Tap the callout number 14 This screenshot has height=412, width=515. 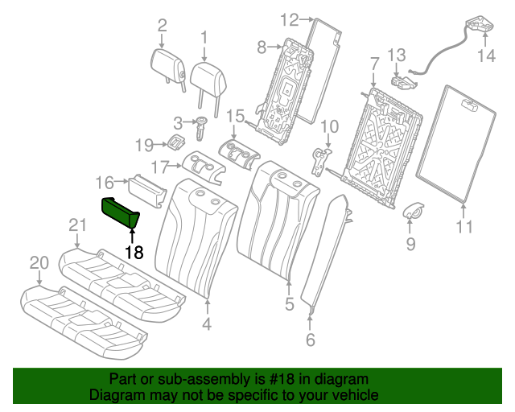(487, 56)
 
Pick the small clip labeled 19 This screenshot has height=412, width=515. (173, 143)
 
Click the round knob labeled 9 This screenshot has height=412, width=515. (413, 212)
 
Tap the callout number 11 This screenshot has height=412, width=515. (464, 227)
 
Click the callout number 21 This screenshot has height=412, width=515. (76, 225)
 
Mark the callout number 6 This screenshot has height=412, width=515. (311, 340)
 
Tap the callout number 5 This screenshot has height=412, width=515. (290, 304)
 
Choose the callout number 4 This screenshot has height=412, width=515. (207, 325)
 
